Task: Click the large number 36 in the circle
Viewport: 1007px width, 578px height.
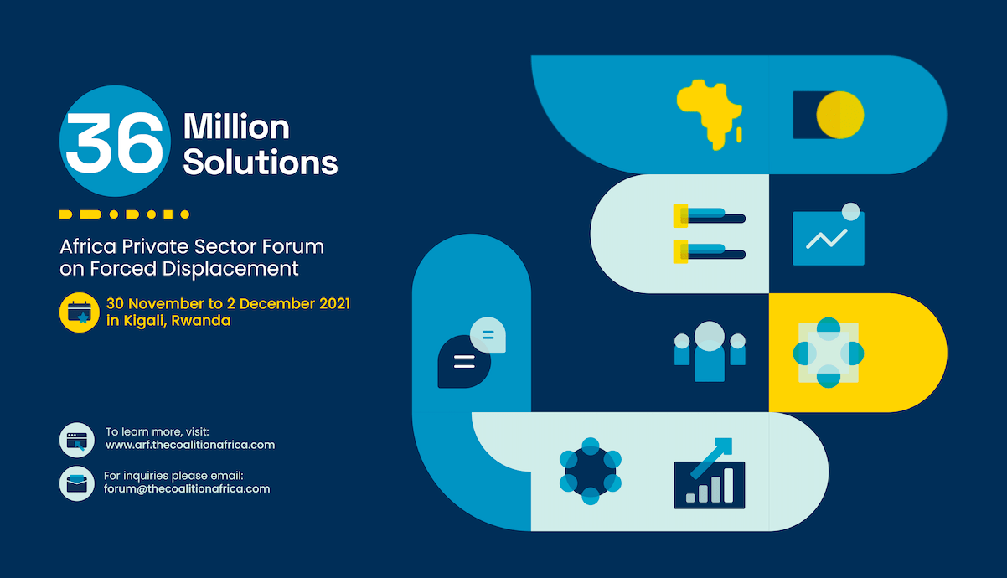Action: (115, 142)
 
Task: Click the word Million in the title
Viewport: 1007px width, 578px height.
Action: (236, 126)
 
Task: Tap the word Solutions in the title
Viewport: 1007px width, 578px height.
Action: (261, 162)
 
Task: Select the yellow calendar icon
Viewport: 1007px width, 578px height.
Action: (79, 312)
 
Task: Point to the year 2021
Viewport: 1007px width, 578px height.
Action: (334, 303)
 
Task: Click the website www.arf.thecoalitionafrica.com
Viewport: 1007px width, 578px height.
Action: (190, 445)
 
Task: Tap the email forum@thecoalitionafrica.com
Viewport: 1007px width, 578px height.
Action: (187, 489)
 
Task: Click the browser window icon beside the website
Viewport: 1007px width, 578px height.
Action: (77, 440)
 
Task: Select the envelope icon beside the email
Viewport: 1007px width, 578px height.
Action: (77, 483)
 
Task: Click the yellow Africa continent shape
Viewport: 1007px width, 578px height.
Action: (708, 112)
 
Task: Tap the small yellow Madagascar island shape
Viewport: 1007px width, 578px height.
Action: (739, 134)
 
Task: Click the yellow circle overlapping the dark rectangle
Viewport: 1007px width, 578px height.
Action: (839, 115)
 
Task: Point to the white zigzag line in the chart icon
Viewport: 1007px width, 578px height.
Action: (826, 239)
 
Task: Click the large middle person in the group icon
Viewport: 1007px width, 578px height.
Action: (710, 352)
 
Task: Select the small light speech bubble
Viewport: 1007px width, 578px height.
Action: (488, 335)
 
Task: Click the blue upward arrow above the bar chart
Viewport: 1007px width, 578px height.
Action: (712, 457)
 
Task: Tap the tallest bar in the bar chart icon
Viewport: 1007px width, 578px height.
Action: (729, 485)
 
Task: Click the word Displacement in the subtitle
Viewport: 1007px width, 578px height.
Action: (230, 269)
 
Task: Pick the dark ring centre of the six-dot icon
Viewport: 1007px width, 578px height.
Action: (591, 472)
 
